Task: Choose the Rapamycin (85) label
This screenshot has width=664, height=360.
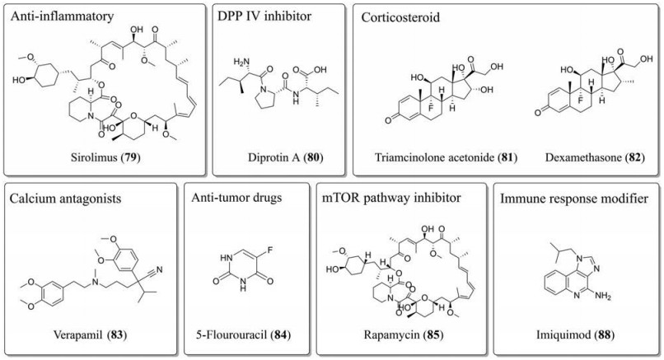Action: [395, 335]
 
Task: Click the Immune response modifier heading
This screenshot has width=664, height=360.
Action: [580, 198]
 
